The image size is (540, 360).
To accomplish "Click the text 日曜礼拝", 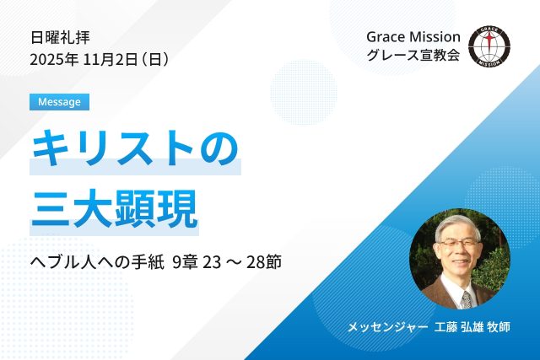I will [x=60, y=37].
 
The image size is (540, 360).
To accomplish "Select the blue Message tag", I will [x=59, y=102].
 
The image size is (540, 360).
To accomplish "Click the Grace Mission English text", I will [x=413, y=37].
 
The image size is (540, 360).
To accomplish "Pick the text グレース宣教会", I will [x=413, y=56].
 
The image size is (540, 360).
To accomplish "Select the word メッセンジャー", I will [x=384, y=326].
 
